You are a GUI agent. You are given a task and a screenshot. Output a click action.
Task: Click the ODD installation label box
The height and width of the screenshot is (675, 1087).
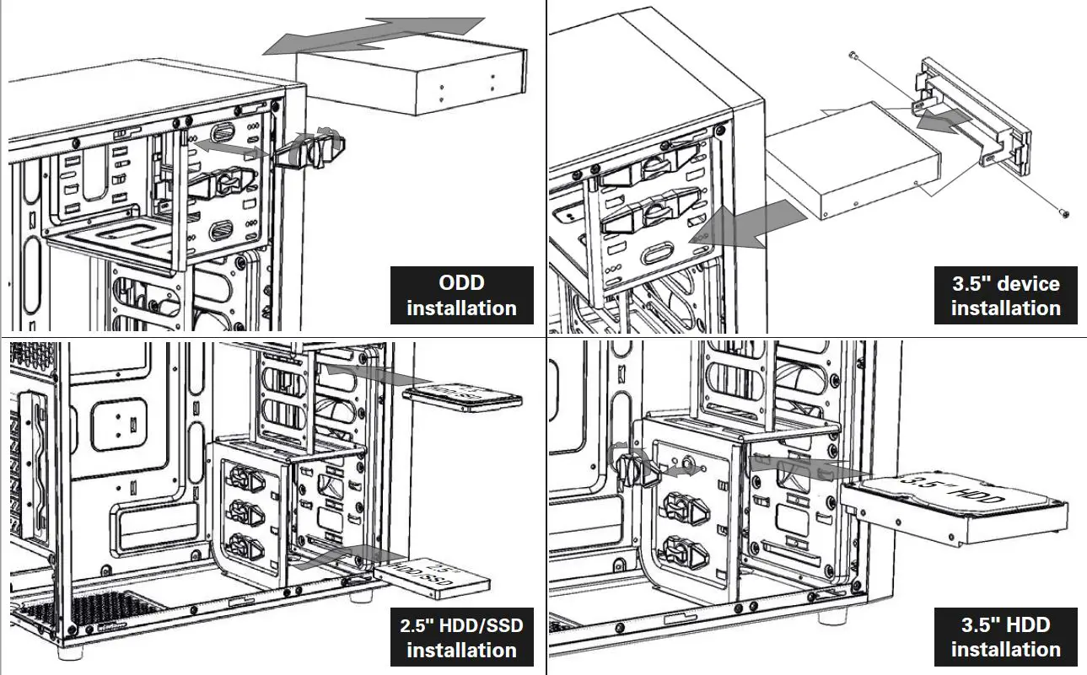click(461, 295)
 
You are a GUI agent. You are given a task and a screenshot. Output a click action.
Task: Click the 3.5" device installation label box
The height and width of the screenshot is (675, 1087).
click(1005, 295)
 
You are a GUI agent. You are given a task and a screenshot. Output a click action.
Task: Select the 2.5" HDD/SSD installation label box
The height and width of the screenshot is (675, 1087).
click(461, 637)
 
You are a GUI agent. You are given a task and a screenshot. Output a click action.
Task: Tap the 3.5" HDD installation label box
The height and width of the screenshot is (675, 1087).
click(1005, 636)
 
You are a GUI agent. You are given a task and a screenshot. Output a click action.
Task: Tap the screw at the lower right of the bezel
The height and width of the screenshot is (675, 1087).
click(1064, 214)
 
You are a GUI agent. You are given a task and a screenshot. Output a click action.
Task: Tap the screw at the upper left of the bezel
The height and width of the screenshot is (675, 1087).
click(854, 55)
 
